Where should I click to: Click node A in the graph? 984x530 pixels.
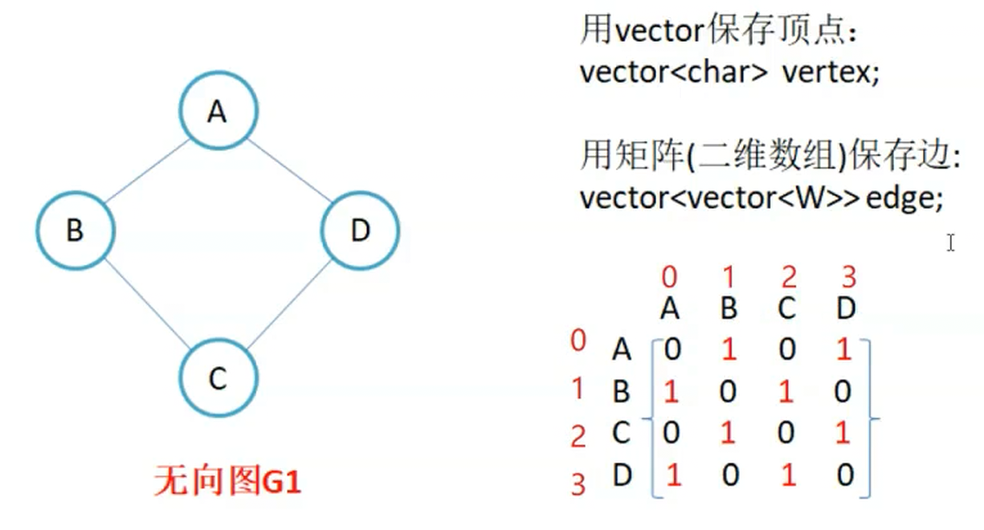pos(217,112)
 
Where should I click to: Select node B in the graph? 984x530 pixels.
pos(75,231)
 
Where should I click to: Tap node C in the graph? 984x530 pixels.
pos(217,378)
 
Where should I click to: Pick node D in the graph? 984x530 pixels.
pos(360,231)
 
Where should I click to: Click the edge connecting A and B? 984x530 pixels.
pos(147,171)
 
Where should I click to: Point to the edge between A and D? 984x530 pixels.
pos(288,171)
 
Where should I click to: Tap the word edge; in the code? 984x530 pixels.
pos(904,198)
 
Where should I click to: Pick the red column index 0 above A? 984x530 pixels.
pos(669,278)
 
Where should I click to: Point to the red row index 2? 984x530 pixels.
pos(578,437)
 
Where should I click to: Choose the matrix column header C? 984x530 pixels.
pos(788,308)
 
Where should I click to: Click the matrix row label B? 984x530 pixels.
pos(621,392)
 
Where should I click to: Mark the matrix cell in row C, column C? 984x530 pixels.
pos(787,434)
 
